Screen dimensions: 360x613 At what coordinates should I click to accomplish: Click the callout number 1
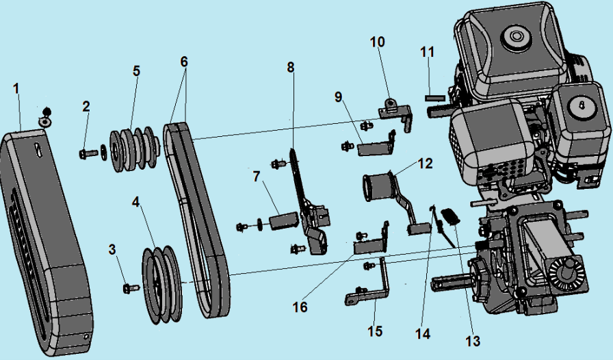click(x=16, y=88)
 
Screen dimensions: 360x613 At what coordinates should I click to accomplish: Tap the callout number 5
click(x=136, y=70)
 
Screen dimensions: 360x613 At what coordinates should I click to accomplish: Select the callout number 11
click(x=428, y=51)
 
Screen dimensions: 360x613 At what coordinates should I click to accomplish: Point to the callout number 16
click(x=300, y=307)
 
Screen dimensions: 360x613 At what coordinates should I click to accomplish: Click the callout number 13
click(x=473, y=341)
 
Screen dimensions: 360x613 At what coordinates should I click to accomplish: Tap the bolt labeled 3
click(x=128, y=288)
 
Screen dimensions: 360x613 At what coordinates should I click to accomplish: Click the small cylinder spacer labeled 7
click(x=282, y=222)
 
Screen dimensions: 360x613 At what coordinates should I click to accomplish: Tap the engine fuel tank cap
click(x=513, y=36)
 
